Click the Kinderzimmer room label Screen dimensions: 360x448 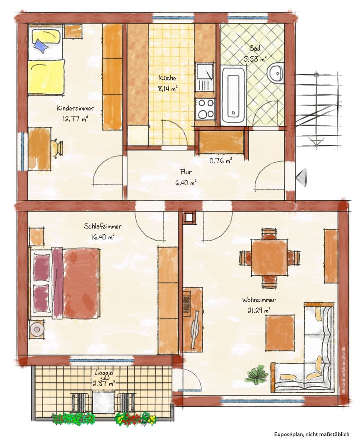tap(75, 109)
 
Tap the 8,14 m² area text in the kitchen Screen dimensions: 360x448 tap(168, 88)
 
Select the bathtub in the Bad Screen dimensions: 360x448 tap(234, 95)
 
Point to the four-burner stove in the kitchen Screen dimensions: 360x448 tap(205, 109)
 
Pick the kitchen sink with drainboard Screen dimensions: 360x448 tap(205, 77)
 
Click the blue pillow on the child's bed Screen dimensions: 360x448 tap(41, 46)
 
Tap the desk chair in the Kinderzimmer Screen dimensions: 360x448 tap(57, 148)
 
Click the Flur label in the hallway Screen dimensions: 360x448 tap(186, 172)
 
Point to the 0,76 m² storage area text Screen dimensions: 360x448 tap(220, 161)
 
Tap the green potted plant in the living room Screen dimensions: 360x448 tap(257, 373)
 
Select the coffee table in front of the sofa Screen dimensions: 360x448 tap(280, 333)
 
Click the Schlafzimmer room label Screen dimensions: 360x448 tap(103, 226)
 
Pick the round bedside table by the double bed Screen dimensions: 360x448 tap(37, 329)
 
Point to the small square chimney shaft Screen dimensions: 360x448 tap(189, 218)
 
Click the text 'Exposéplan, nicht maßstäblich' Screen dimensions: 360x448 tap(312, 434)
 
